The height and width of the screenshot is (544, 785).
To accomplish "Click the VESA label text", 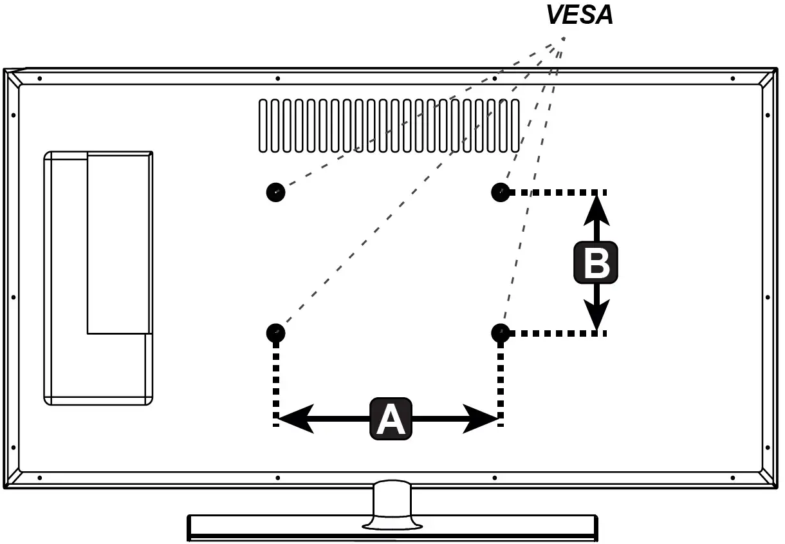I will coord(579,15).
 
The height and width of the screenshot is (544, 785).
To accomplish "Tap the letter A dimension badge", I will coord(391,419).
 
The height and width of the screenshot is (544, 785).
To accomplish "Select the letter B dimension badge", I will coord(596,263).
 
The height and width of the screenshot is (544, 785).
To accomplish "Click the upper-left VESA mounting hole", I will coord(275,192).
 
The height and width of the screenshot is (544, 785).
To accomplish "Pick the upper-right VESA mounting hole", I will coord(501,192).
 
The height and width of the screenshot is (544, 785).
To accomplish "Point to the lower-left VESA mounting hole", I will coord(275,333).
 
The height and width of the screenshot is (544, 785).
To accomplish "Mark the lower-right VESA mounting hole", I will coord(501,333).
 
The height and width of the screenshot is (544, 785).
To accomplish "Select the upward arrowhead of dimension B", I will coord(597,209).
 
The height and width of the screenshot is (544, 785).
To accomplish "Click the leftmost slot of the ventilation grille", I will coord(263,126).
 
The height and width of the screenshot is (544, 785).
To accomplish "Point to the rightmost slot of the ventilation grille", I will coord(515,126).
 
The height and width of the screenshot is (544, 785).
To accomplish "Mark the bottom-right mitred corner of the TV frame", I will coord(768,479).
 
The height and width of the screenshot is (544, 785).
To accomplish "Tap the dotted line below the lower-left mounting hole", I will coord(276,380).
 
